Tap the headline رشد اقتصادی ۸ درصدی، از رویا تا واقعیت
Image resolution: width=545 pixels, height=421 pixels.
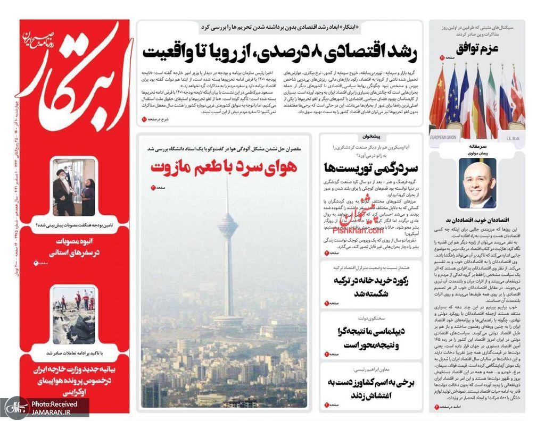[279, 52]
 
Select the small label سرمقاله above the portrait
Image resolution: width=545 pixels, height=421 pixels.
[477, 146]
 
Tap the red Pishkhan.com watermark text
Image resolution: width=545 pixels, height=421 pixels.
[358, 231]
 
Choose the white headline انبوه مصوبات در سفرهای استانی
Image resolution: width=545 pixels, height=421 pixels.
[75, 247]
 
